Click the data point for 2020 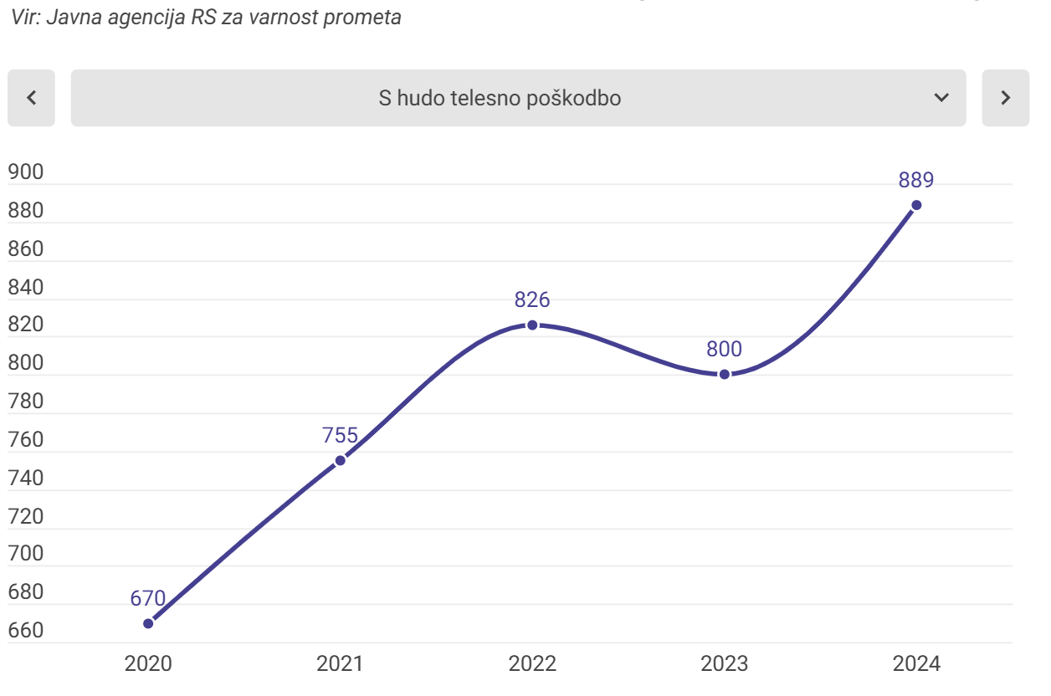pos(148,623)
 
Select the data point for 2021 pos(340,460)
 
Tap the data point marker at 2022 pos(532,325)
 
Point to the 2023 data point pos(725,374)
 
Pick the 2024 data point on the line pos(916,205)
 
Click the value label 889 pos(916,180)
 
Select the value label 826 pos(532,299)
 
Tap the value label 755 pos(340,435)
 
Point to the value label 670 pos(148,598)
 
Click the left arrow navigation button pos(31,98)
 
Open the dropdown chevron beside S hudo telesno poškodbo pos(941,98)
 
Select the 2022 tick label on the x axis pos(532,664)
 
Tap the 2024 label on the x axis pos(916,664)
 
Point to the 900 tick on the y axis pos(25,173)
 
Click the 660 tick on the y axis pos(25,631)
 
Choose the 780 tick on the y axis pos(25,402)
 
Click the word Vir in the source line pos(25,18)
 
